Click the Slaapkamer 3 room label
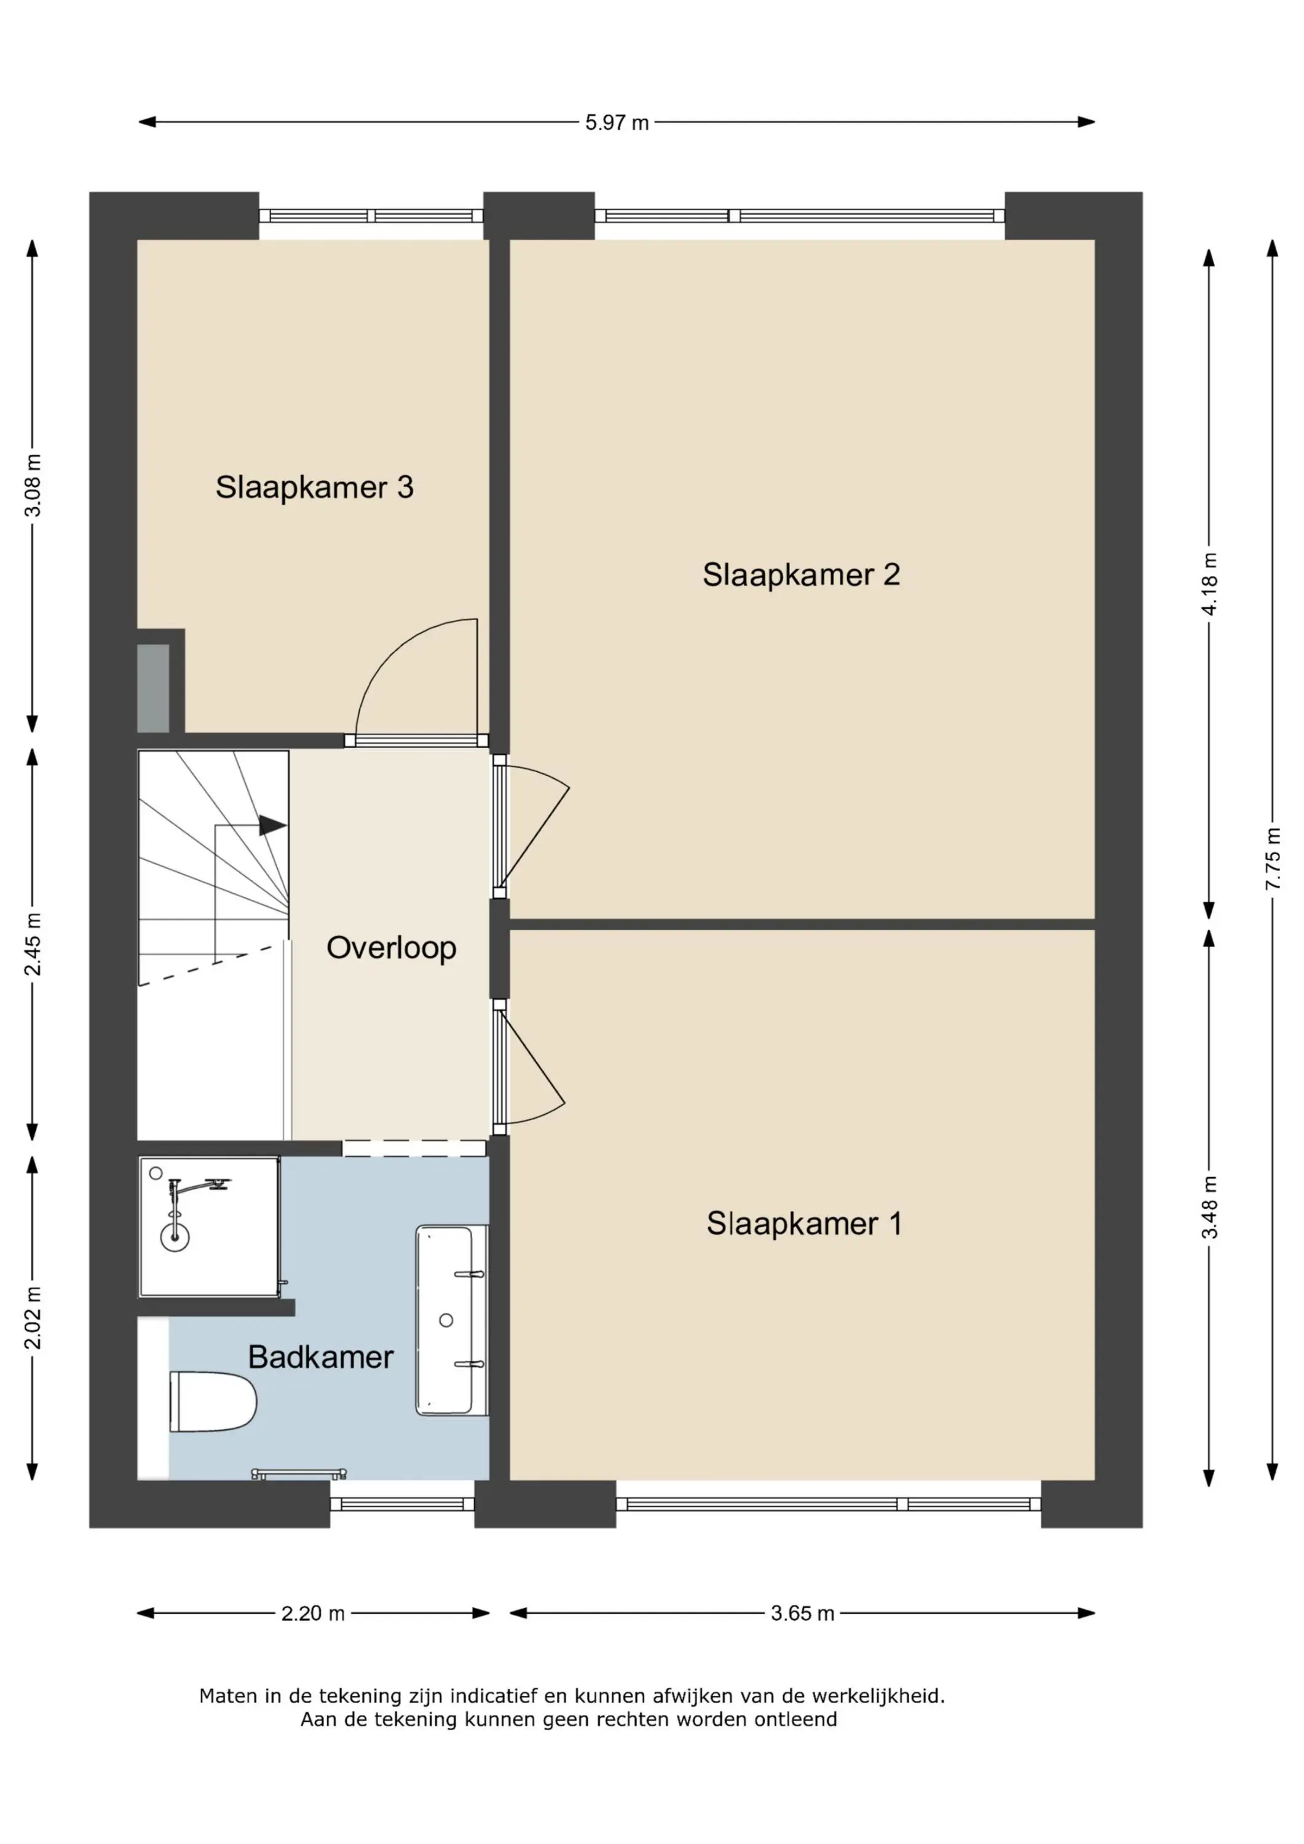(314, 487)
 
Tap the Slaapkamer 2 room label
(801, 575)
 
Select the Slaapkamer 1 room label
(804, 1224)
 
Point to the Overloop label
(391, 948)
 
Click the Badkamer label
(320, 1357)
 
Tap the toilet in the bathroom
(213, 1401)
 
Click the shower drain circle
(175, 1238)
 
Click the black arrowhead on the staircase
(273, 825)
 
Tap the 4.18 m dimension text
(1209, 584)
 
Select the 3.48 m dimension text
(1209, 1207)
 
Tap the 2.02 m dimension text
(33, 1318)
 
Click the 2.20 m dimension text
(314, 1613)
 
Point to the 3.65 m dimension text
(803, 1613)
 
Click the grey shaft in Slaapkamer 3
(154, 688)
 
